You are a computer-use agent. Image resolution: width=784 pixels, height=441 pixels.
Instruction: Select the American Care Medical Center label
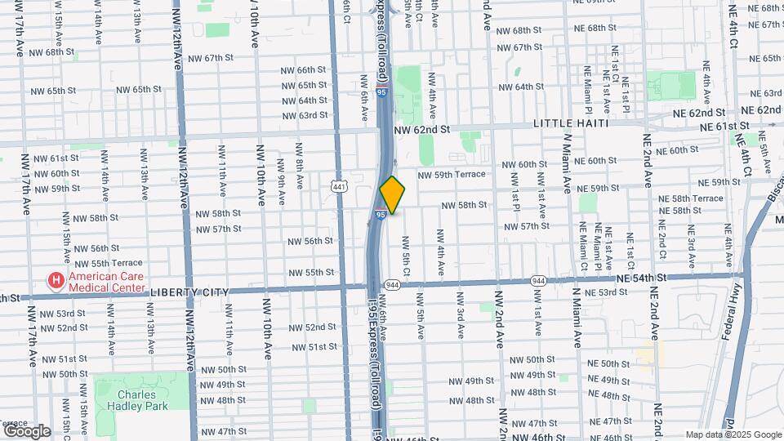click(106, 282)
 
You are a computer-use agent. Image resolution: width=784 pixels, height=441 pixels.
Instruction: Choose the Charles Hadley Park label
click(137, 400)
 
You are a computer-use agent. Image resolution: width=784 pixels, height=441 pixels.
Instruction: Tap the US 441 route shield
click(339, 186)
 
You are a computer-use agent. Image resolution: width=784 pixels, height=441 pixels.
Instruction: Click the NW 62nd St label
click(422, 130)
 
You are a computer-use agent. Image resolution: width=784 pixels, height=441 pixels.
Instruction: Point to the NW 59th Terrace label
click(452, 175)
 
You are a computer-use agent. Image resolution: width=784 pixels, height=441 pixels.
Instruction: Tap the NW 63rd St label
click(301, 115)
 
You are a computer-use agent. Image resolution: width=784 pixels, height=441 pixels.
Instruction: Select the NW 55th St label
click(311, 272)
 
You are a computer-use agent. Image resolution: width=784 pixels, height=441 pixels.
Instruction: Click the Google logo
click(26, 430)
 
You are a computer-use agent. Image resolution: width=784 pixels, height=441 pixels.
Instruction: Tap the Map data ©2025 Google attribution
click(733, 434)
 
